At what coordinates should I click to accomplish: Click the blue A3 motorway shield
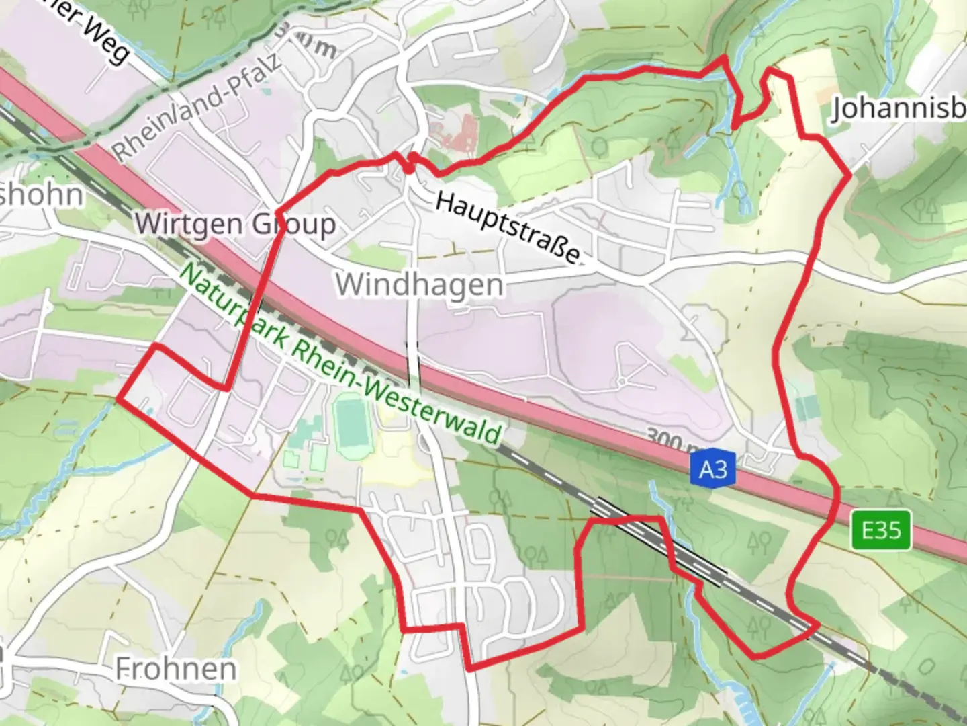[712, 469]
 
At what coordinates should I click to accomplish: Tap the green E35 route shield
[881, 530]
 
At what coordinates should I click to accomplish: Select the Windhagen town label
[420, 284]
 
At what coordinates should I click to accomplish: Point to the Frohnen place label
[176, 669]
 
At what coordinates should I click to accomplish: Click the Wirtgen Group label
[235, 223]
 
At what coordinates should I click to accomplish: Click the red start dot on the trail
[410, 169]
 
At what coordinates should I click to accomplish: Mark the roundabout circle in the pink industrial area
[622, 382]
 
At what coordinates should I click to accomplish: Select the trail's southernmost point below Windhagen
[469, 669]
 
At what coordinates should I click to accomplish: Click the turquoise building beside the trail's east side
[806, 407]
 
